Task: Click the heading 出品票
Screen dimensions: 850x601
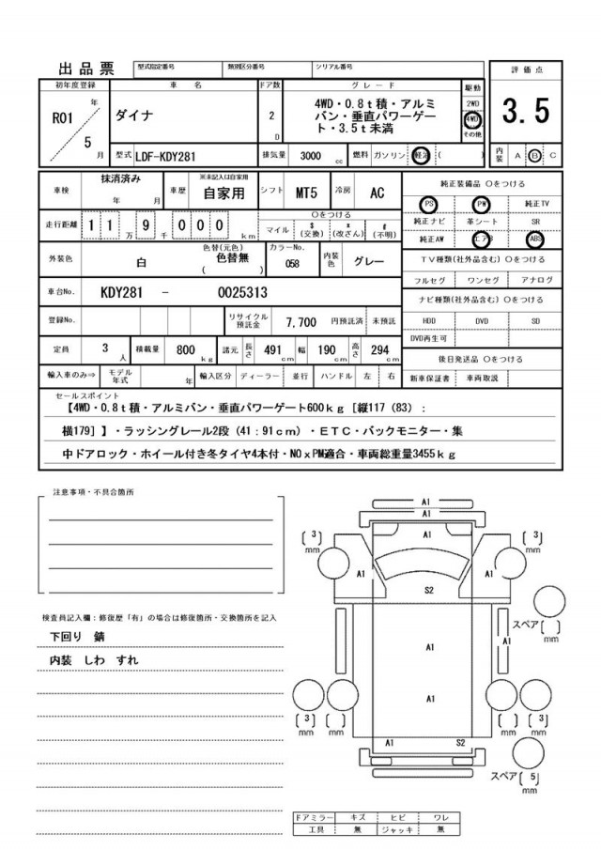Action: click(x=86, y=68)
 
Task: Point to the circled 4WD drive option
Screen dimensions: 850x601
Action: click(x=472, y=120)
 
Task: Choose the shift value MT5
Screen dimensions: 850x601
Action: click(x=307, y=193)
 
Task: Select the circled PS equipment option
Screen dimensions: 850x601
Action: click(x=429, y=204)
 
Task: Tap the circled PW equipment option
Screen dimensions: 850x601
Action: click(x=482, y=204)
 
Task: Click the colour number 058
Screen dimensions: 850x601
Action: click(x=292, y=264)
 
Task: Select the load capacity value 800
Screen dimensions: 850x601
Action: click(x=185, y=349)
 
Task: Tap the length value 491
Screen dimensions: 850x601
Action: click(x=272, y=349)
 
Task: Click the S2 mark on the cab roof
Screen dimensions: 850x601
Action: click(x=428, y=590)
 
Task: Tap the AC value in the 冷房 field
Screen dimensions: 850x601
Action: click(x=377, y=193)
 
